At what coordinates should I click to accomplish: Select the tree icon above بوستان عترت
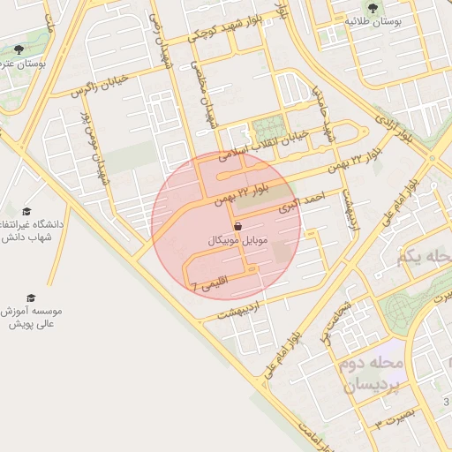coord(19,49)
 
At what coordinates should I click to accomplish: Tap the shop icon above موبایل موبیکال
coord(238,226)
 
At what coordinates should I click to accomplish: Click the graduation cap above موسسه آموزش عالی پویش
coord(31,298)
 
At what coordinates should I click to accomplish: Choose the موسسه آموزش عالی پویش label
coord(33,318)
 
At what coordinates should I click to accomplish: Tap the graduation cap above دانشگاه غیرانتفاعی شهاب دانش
coord(26,213)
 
